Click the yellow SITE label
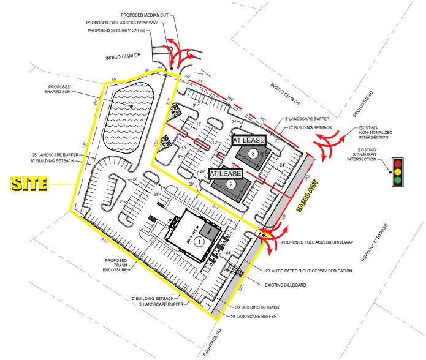coord(31,183)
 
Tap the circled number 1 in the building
coord(199,242)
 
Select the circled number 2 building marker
coord(231,183)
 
